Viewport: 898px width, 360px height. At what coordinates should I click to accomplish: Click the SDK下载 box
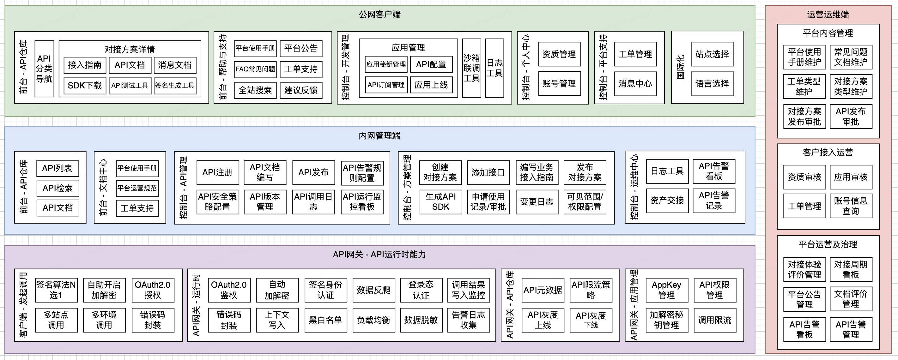84,85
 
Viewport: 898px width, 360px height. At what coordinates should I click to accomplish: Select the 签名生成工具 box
175,85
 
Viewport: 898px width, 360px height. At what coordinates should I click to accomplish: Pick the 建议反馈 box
301,90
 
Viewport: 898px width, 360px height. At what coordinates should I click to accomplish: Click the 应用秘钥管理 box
386,64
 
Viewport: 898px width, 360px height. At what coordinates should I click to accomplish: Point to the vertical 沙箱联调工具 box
471,68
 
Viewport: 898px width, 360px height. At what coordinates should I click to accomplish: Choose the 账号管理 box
559,84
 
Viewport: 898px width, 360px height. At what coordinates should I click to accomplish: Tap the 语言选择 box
712,84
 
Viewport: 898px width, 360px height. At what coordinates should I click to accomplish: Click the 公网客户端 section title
379,14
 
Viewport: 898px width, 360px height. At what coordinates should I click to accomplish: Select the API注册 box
217,172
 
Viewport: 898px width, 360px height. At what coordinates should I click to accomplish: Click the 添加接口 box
488,172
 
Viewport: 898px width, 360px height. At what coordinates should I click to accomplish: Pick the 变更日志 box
537,201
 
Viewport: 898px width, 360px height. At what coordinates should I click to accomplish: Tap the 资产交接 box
667,201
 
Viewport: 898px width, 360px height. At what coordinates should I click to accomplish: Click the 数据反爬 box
373,290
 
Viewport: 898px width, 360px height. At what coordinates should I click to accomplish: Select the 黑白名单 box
325,320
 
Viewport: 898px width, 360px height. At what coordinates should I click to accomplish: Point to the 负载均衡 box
373,320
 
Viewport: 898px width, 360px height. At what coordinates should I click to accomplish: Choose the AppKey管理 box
666,290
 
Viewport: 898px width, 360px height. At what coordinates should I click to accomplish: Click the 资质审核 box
804,177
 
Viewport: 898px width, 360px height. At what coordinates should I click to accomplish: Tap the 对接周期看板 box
851,269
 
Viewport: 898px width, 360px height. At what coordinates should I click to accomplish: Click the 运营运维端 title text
828,14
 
